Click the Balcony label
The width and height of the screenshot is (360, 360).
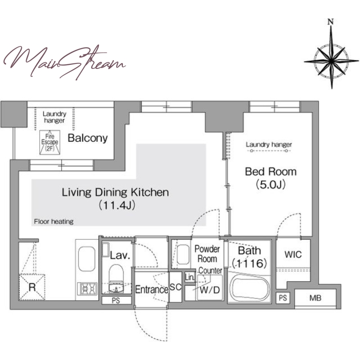(x=88, y=138)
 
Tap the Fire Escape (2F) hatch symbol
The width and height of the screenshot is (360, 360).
(x=49, y=142)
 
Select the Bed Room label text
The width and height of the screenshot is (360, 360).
(x=271, y=172)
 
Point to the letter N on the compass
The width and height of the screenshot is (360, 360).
(x=331, y=22)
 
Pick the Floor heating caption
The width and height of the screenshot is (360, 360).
(x=54, y=221)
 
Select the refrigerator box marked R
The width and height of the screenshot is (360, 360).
(x=32, y=287)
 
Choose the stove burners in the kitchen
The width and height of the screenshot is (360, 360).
(x=87, y=289)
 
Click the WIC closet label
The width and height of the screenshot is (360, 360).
(x=293, y=254)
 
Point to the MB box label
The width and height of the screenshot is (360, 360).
(x=315, y=298)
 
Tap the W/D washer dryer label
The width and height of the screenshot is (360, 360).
(x=210, y=290)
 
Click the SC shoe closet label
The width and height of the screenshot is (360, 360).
(x=175, y=287)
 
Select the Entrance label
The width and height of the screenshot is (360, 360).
(x=152, y=289)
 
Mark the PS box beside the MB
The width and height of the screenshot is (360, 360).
(x=283, y=298)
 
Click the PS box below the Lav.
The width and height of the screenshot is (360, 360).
(x=116, y=301)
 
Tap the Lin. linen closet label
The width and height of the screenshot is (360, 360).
(x=189, y=277)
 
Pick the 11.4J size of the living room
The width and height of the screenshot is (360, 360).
(x=117, y=205)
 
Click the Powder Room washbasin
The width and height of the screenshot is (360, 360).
(x=183, y=255)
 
